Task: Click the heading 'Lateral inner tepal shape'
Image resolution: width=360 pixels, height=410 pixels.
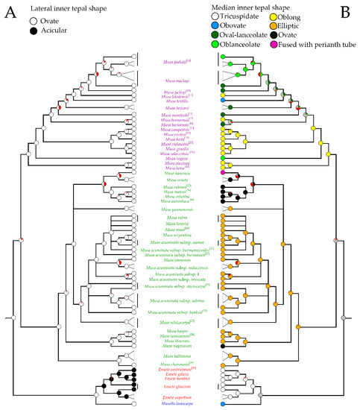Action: pos(66,7)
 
